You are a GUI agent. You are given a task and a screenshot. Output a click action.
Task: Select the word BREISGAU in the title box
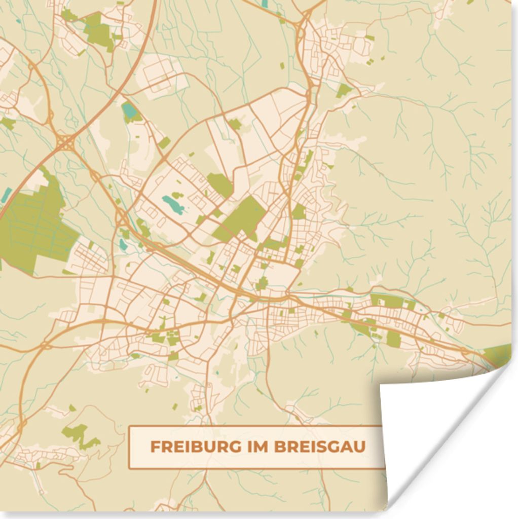tap(320, 447)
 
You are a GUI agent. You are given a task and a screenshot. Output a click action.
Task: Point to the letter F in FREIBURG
tap(154, 447)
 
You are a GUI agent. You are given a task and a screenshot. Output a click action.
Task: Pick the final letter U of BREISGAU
tap(360, 447)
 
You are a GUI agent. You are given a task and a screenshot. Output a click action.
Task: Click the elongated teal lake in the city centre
tap(173, 205)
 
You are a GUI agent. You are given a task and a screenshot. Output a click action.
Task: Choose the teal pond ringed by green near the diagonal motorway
tap(130, 112)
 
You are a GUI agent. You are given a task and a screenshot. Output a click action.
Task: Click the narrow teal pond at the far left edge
tap(7, 195)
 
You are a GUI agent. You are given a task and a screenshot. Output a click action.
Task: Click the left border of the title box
tap(129, 447)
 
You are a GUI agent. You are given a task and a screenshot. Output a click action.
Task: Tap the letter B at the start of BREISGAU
tap(279, 447)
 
